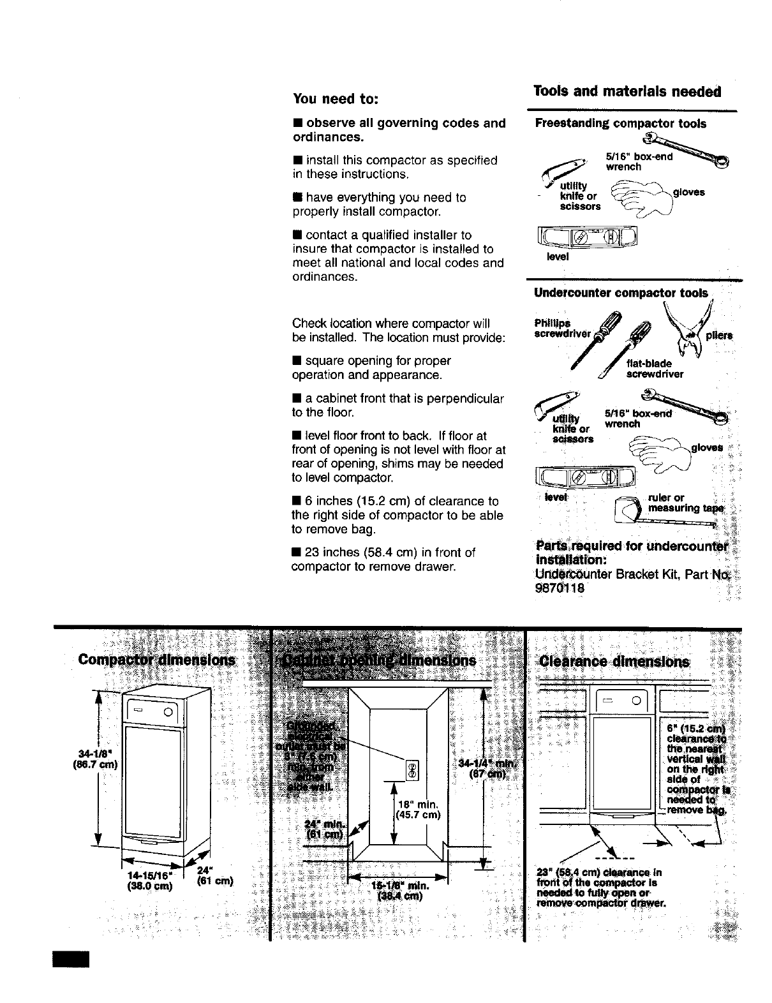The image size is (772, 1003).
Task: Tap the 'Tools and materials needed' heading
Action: coord(627,91)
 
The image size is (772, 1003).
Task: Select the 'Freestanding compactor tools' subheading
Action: coord(620,124)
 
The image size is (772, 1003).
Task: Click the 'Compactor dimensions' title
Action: coord(156,660)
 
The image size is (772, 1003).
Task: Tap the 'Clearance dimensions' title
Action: coord(614,661)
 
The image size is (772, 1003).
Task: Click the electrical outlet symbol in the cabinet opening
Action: coord(412,771)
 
